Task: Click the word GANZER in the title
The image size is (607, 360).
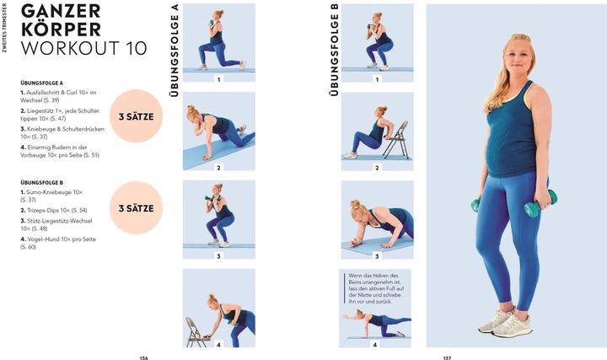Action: coord(61,11)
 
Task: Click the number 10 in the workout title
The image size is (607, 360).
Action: coord(137,48)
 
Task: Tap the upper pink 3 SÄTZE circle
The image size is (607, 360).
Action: coord(137,116)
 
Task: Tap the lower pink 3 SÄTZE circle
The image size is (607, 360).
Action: coord(137,208)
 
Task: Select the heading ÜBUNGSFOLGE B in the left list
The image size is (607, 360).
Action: coord(42,182)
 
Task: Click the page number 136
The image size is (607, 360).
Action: coord(143,358)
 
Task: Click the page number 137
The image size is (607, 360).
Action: coord(447,358)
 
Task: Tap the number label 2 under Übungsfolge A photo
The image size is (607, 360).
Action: coord(218,168)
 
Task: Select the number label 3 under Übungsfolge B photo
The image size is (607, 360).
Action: coord(377,255)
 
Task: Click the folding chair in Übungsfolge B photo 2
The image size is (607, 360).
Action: coord(396,140)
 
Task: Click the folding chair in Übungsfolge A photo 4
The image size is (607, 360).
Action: coord(196,332)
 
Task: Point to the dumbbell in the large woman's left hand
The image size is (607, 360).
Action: coord(541,203)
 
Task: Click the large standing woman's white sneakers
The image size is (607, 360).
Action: coord(506,321)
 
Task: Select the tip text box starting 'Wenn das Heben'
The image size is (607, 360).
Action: coord(374,288)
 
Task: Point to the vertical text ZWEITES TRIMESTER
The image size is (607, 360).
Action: coord(5,28)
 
